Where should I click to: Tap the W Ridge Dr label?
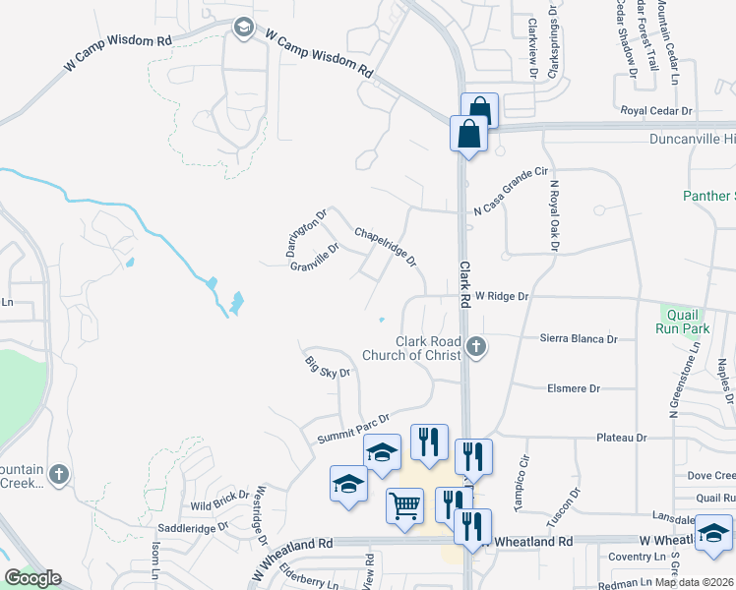[502, 295]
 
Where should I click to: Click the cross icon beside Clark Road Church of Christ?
[476, 346]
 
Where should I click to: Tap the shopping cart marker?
[405, 506]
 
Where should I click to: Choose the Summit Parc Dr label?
[353, 428]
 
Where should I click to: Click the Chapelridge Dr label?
[386, 248]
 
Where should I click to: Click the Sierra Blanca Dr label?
[579, 338]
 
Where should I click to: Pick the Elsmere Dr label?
[573, 388]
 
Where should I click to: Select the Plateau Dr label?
[621, 437]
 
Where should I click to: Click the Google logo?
[32, 578]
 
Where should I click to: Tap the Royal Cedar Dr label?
[656, 111]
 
